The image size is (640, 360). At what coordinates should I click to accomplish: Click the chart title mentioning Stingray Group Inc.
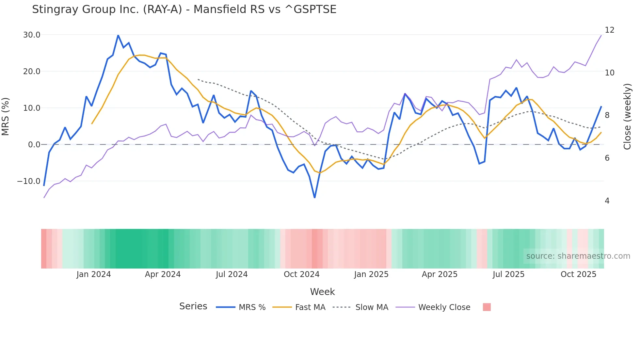pyautogui.click(x=184, y=9)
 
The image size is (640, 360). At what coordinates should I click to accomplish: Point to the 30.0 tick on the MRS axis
pyautogui.click(x=32, y=35)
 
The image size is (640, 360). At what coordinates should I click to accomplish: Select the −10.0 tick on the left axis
pyautogui.click(x=29, y=181)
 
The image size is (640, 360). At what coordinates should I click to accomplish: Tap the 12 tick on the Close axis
pyautogui.click(x=609, y=30)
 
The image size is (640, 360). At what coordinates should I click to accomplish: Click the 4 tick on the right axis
pyautogui.click(x=607, y=201)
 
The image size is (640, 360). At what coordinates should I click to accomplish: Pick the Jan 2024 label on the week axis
pyautogui.click(x=93, y=274)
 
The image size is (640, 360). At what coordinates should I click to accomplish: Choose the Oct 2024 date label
pyautogui.click(x=301, y=274)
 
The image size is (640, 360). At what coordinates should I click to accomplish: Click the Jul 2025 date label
pyautogui.click(x=508, y=274)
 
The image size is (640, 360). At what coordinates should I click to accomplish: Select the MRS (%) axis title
pyautogui.click(x=6, y=116)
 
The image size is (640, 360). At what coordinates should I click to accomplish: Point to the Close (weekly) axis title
pyautogui.click(x=627, y=116)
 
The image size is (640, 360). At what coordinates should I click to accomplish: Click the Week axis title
pyautogui.click(x=322, y=292)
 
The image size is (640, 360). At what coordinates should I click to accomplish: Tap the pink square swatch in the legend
pyautogui.click(x=487, y=307)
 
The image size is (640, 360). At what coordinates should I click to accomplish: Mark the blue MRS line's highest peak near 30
pyautogui.click(x=118, y=35)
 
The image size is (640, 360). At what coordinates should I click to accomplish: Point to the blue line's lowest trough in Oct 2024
pyautogui.click(x=314, y=197)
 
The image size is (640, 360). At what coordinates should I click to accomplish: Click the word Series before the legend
pyautogui.click(x=193, y=306)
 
